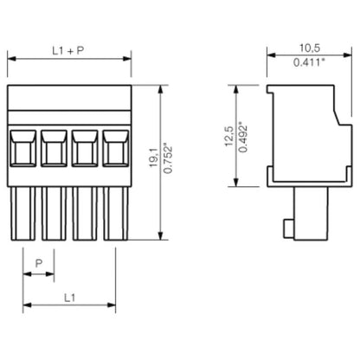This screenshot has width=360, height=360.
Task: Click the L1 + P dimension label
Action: [x=68, y=50]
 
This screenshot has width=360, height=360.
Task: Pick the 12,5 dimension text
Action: [x=228, y=136]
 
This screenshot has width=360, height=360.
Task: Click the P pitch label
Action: [x=38, y=262]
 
